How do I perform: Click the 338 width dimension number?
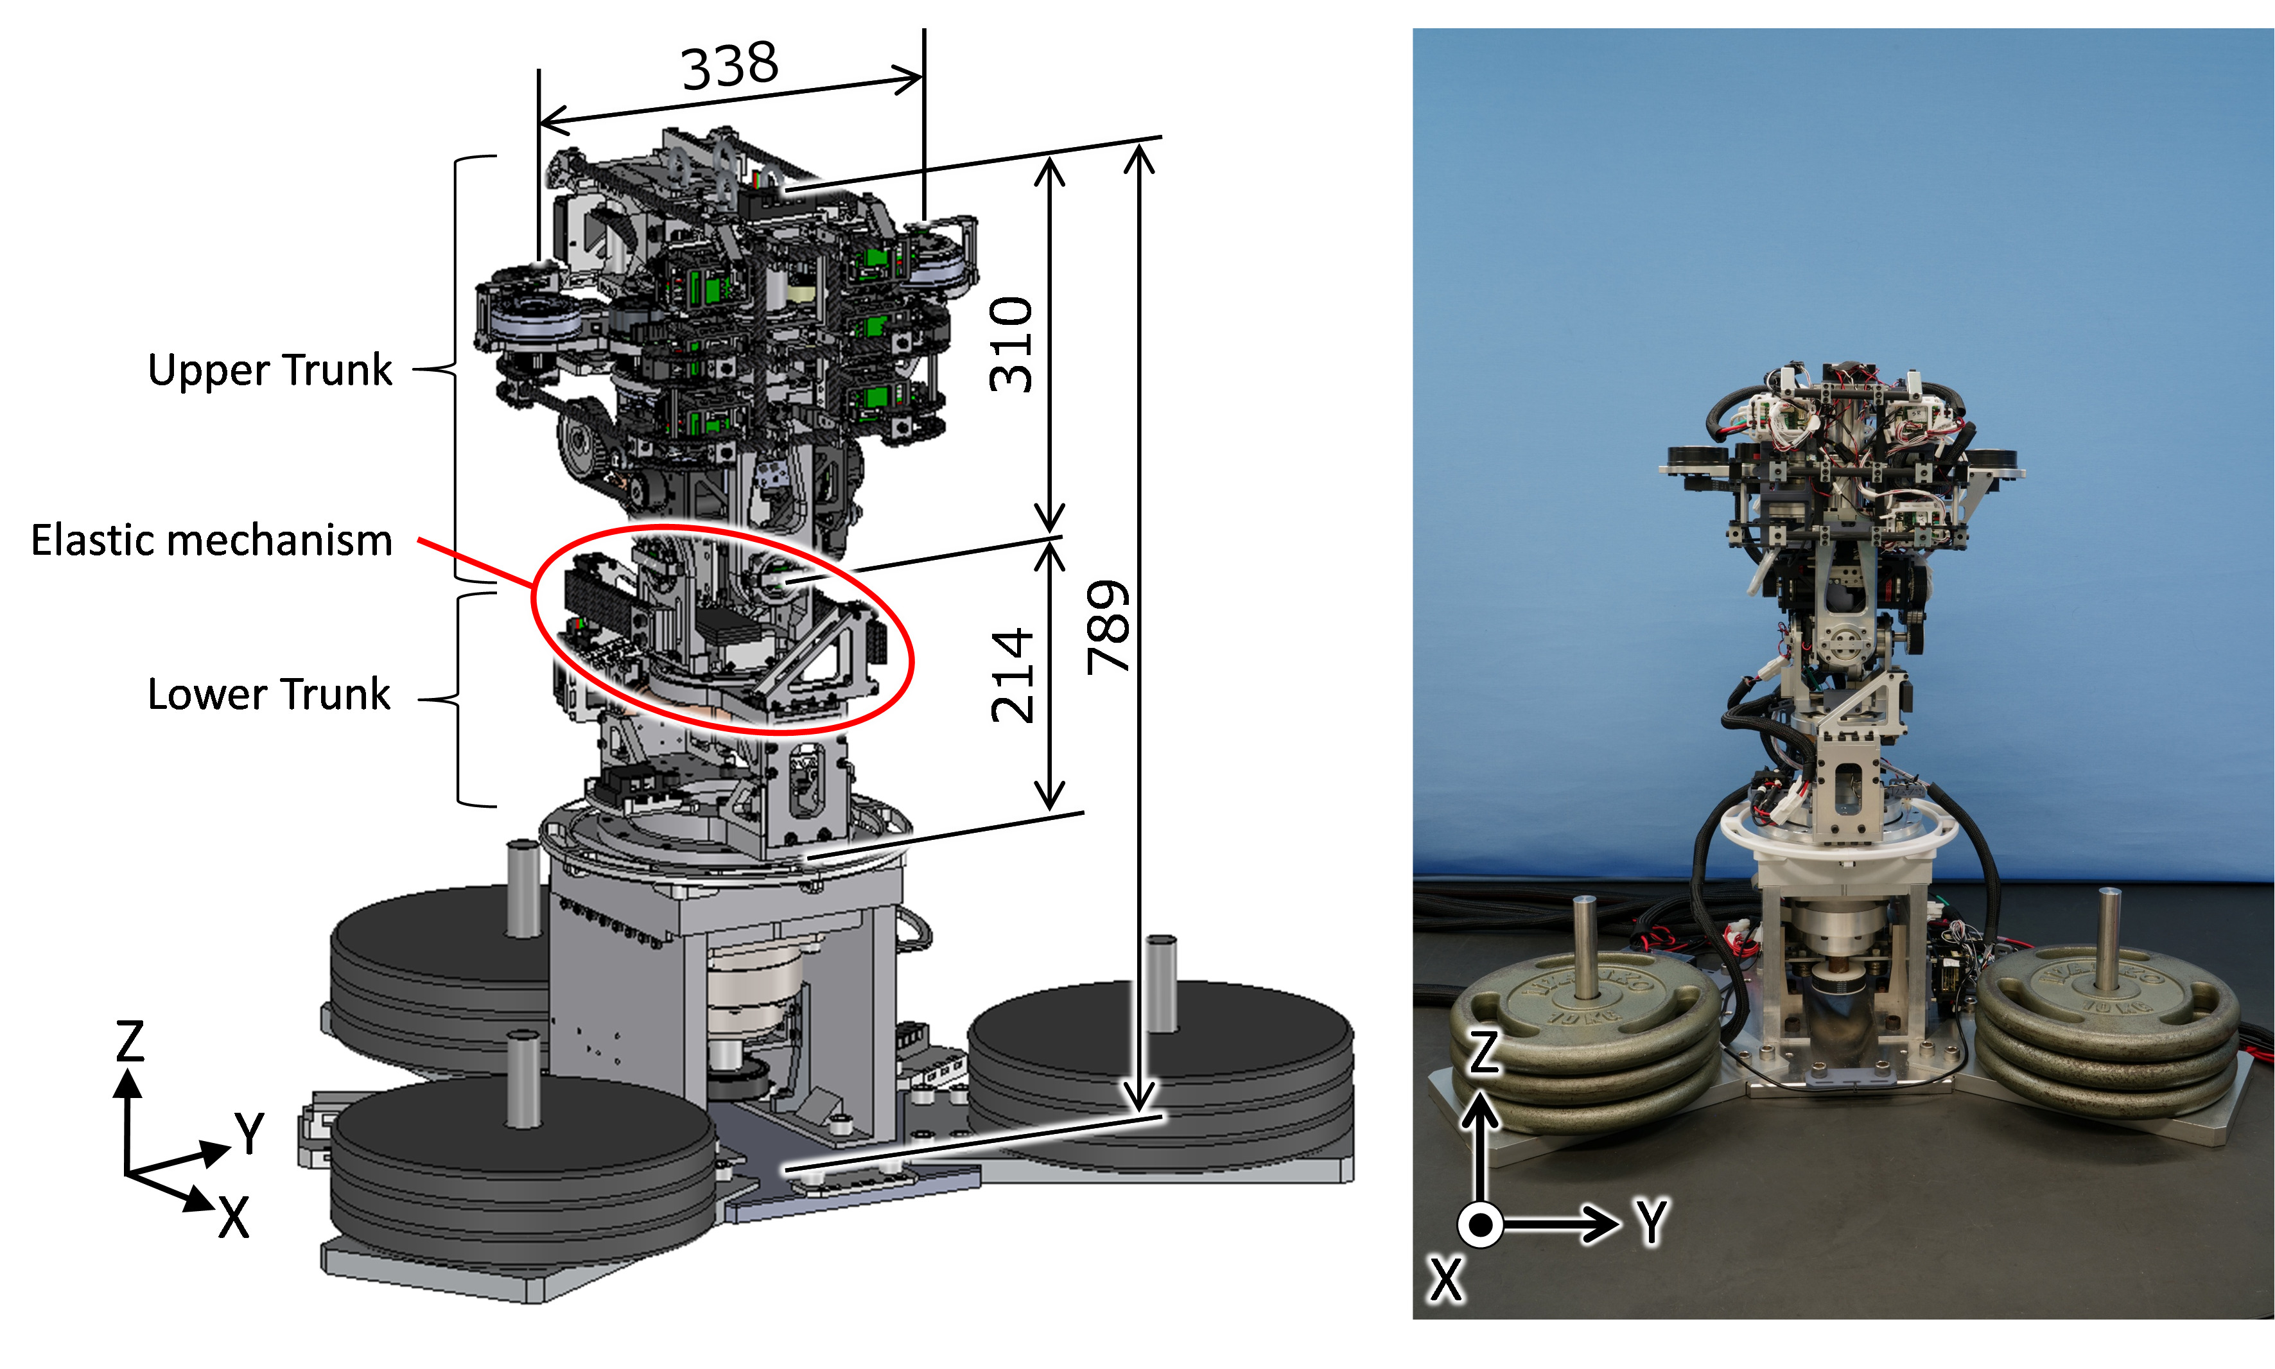[729, 65]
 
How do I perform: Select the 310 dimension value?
[1011, 344]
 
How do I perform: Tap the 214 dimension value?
[1012, 676]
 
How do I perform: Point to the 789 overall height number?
[1107, 627]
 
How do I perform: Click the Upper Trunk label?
[270, 370]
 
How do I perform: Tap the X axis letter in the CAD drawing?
[233, 1217]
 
